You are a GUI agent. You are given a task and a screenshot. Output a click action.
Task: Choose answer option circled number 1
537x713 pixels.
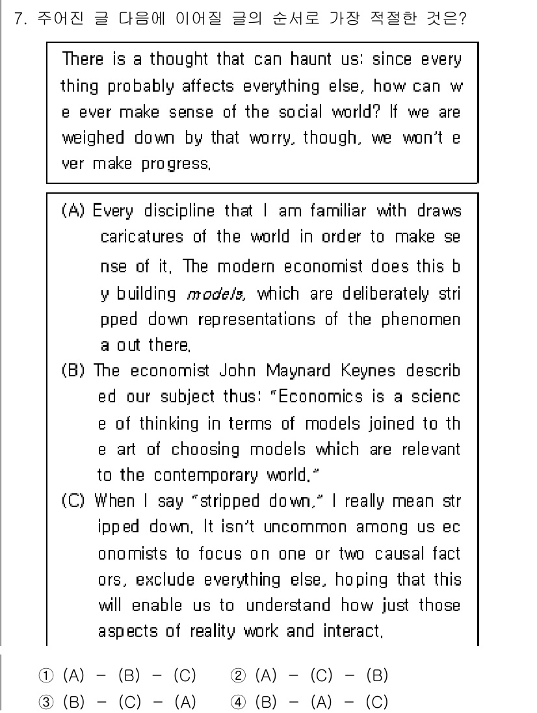click(x=41, y=676)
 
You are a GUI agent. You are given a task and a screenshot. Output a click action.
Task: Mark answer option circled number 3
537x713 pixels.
click(x=41, y=702)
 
